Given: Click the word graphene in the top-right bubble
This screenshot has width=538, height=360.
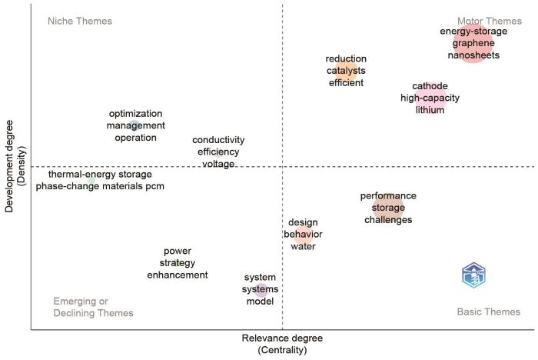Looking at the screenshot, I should point(473,43).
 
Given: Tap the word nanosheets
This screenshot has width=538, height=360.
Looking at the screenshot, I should point(473,55).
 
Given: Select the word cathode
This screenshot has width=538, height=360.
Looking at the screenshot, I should point(430,86).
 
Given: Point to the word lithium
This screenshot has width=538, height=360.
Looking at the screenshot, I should point(430,110).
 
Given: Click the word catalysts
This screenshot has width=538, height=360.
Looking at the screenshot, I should point(346,71).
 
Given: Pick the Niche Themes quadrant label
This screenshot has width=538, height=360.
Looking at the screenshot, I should point(79,21).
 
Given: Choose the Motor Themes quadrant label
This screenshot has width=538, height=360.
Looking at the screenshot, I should point(489,21).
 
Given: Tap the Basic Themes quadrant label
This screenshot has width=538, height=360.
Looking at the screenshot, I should point(488,312).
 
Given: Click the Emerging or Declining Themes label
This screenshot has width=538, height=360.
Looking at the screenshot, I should point(93,307).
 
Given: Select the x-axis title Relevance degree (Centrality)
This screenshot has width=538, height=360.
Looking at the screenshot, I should point(282,344).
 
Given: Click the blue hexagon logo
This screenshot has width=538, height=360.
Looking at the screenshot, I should point(473,275).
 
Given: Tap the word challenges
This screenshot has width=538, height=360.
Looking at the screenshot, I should point(388,220).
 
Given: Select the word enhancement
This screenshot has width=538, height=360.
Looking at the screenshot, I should point(178,275).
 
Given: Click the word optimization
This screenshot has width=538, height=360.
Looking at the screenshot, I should point(136,113).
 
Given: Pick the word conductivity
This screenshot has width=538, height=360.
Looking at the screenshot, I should point(218,140).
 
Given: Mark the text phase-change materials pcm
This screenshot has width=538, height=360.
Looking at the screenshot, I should point(100,186).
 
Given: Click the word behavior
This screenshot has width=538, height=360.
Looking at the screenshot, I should point(303,235).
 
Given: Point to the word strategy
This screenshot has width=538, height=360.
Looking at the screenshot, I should point(178,263).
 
